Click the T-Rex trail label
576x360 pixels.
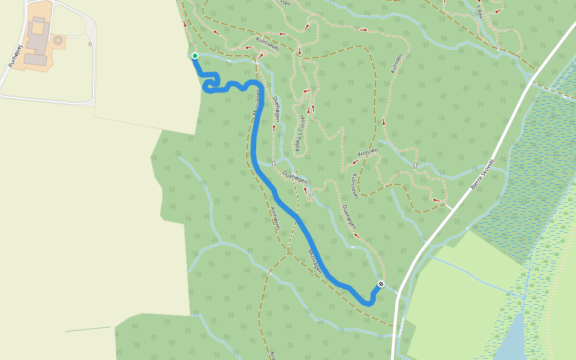[x=479, y=10]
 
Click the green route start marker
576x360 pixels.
[x=194, y=56]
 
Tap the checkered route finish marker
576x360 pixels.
[x=380, y=284]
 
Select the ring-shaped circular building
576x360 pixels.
[x=58, y=41]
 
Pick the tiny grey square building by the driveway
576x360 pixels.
[x=90, y=43]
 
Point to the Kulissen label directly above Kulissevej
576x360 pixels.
[x=367, y=154]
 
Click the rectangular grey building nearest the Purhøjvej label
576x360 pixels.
[x=35, y=60]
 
